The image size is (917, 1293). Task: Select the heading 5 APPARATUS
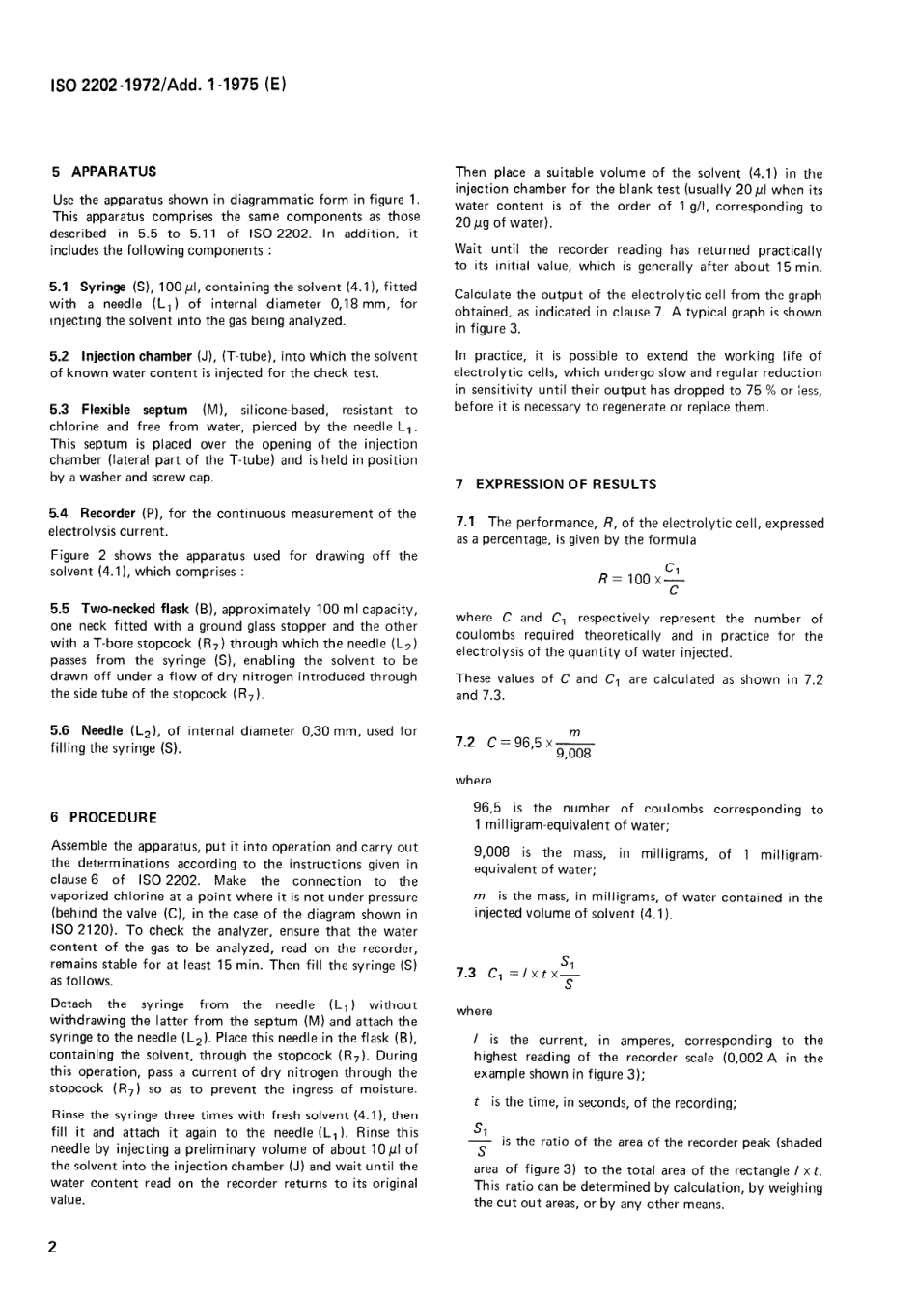click(x=103, y=171)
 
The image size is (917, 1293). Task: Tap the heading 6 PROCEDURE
click(x=103, y=817)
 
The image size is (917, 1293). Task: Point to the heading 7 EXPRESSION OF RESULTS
click(x=556, y=484)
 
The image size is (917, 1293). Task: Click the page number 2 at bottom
click(x=53, y=1247)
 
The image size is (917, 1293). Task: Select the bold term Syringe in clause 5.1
click(x=102, y=287)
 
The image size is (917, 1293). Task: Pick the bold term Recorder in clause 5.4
click(x=107, y=514)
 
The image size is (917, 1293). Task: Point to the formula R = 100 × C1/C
click(x=641, y=578)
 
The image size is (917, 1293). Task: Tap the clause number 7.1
click(x=465, y=523)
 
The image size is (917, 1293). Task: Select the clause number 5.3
click(x=59, y=410)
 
